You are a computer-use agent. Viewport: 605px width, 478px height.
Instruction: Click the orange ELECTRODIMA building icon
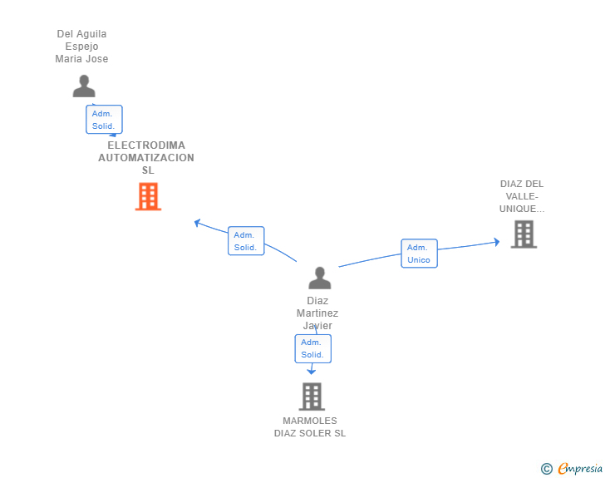click(x=148, y=196)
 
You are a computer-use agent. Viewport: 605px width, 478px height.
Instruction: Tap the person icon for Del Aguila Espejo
click(x=84, y=86)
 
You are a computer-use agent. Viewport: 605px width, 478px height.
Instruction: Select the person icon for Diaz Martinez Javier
click(x=319, y=278)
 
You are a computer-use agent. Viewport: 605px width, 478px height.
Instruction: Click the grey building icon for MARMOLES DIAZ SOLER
click(x=312, y=397)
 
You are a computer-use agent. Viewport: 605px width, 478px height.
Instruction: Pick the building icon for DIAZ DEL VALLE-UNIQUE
click(x=524, y=234)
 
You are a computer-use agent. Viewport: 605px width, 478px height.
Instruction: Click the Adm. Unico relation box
click(x=419, y=254)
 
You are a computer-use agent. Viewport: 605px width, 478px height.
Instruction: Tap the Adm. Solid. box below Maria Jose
click(x=104, y=120)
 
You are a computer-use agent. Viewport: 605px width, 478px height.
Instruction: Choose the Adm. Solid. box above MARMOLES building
click(x=313, y=348)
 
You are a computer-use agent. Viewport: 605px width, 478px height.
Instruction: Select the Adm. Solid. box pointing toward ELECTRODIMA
click(x=246, y=241)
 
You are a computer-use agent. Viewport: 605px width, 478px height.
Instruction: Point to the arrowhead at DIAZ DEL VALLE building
click(x=497, y=242)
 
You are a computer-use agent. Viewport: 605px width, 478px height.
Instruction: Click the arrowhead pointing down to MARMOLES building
click(x=312, y=372)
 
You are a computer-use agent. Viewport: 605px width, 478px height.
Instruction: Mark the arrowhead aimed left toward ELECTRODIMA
click(x=197, y=223)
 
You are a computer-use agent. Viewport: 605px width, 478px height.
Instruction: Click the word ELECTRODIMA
click(x=146, y=145)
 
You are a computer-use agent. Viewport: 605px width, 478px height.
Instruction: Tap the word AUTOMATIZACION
click(x=146, y=157)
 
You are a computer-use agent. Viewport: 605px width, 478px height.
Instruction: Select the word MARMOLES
click(x=310, y=421)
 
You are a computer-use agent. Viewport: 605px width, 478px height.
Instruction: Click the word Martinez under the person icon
click(x=317, y=313)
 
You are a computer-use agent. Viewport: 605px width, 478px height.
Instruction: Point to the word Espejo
click(x=81, y=47)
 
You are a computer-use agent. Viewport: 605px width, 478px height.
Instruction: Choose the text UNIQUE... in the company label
click(x=522, y=209)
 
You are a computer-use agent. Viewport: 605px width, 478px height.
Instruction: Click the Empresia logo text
click(x=580, y=468)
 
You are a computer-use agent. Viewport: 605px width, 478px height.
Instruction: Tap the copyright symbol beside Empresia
click(x=547, y=469)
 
